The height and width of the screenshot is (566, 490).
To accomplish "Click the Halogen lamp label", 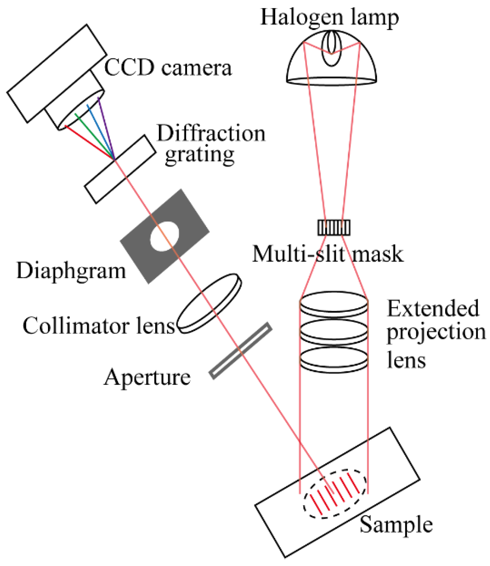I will tap(329, 17).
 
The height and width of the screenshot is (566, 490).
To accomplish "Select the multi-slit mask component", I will tap(334, 228).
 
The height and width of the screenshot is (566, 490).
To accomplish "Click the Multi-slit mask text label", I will tap(327, 254).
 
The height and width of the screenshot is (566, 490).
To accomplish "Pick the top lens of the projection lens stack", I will tap(334, 304).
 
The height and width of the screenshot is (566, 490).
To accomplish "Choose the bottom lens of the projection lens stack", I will tap(334, 360).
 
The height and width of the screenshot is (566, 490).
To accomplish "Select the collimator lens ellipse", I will tap(209, 303).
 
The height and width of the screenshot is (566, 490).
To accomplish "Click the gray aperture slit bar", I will tap(240, 350).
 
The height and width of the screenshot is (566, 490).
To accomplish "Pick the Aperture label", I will tap(147, 378).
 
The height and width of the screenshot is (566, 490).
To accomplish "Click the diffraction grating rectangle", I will tap(120, 169).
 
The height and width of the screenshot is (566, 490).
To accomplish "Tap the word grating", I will tap(200, 155).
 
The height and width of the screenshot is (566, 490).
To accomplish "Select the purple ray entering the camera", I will tap(106, 127).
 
